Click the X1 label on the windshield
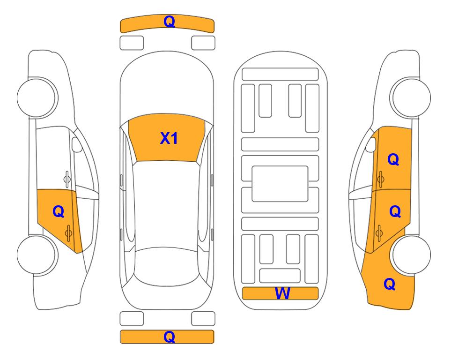pyautogui.click(x=169, y=138)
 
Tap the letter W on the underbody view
pyautogui.click(x=282, y=293)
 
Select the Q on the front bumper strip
pyautogui.click(x=169, y=22)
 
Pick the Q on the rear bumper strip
pyautogui.click(x=169, y=337)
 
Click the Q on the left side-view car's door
pyautogui.click(x=59, y=212)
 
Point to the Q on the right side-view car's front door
pyautogui.click(x=393, y=159)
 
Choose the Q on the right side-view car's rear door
pyautogui.click(x=395, y=211)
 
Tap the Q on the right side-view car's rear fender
pyautogui.click(x=390, y=284)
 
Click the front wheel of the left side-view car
pyautogui.click(x=37, y=97)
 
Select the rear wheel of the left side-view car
pyautogui.click(x=37, y=255)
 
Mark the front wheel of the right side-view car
pyautogui.click(x=411, y=97)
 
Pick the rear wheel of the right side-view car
pyautogui.click(x=411, y=255)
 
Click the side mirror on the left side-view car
pyautogui.click(x=76, y=144)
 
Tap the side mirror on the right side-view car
pyautogui.click(x=370, y=144)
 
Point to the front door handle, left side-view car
pyautogui.click(x=67, y=179)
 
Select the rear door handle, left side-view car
pyautogui.click(x=68, y=233)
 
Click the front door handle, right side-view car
pyautogui.click(x=380, y=179)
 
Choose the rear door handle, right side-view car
pyautogui.click(x=379, y=233)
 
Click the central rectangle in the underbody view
pyautogui.click(x=280, y=184)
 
